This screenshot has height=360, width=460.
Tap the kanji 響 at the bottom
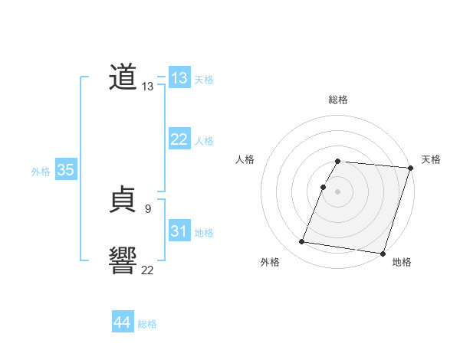pyautogui.click(x=123, y=260)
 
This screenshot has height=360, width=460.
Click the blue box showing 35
pyautogui.click(x=65, y=171)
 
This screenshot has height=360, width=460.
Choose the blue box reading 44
pyautogui.click(x=123, y=323)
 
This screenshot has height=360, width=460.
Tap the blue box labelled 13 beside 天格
pyautogui.click(x=179, y=78)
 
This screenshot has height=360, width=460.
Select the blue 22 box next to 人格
pyautogui.click(x=179, y=139)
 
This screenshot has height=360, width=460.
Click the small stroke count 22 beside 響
pyautogui.click(x=148, y=269)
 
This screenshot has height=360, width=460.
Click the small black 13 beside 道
pyautogui.click(x=148, y=87)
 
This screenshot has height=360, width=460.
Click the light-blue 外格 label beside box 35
pyautogui.click(x=41, y=172)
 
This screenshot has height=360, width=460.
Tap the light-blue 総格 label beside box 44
pyautogui.click(x=147, y=325)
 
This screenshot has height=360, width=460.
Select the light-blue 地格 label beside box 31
pyautogui.click(x=204, y=233)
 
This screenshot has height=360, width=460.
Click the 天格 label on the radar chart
pyautogui.click(x=431, y=159)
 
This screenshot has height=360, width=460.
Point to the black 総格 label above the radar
pyautogui.click(x=338, y=100)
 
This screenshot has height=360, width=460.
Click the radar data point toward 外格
pyautogui.click(x=302, y=242)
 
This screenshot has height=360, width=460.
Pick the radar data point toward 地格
pyautogui.click(x=383, y=253)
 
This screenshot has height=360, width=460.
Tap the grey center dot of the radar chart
pyautogui.click(x=338, y=191)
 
